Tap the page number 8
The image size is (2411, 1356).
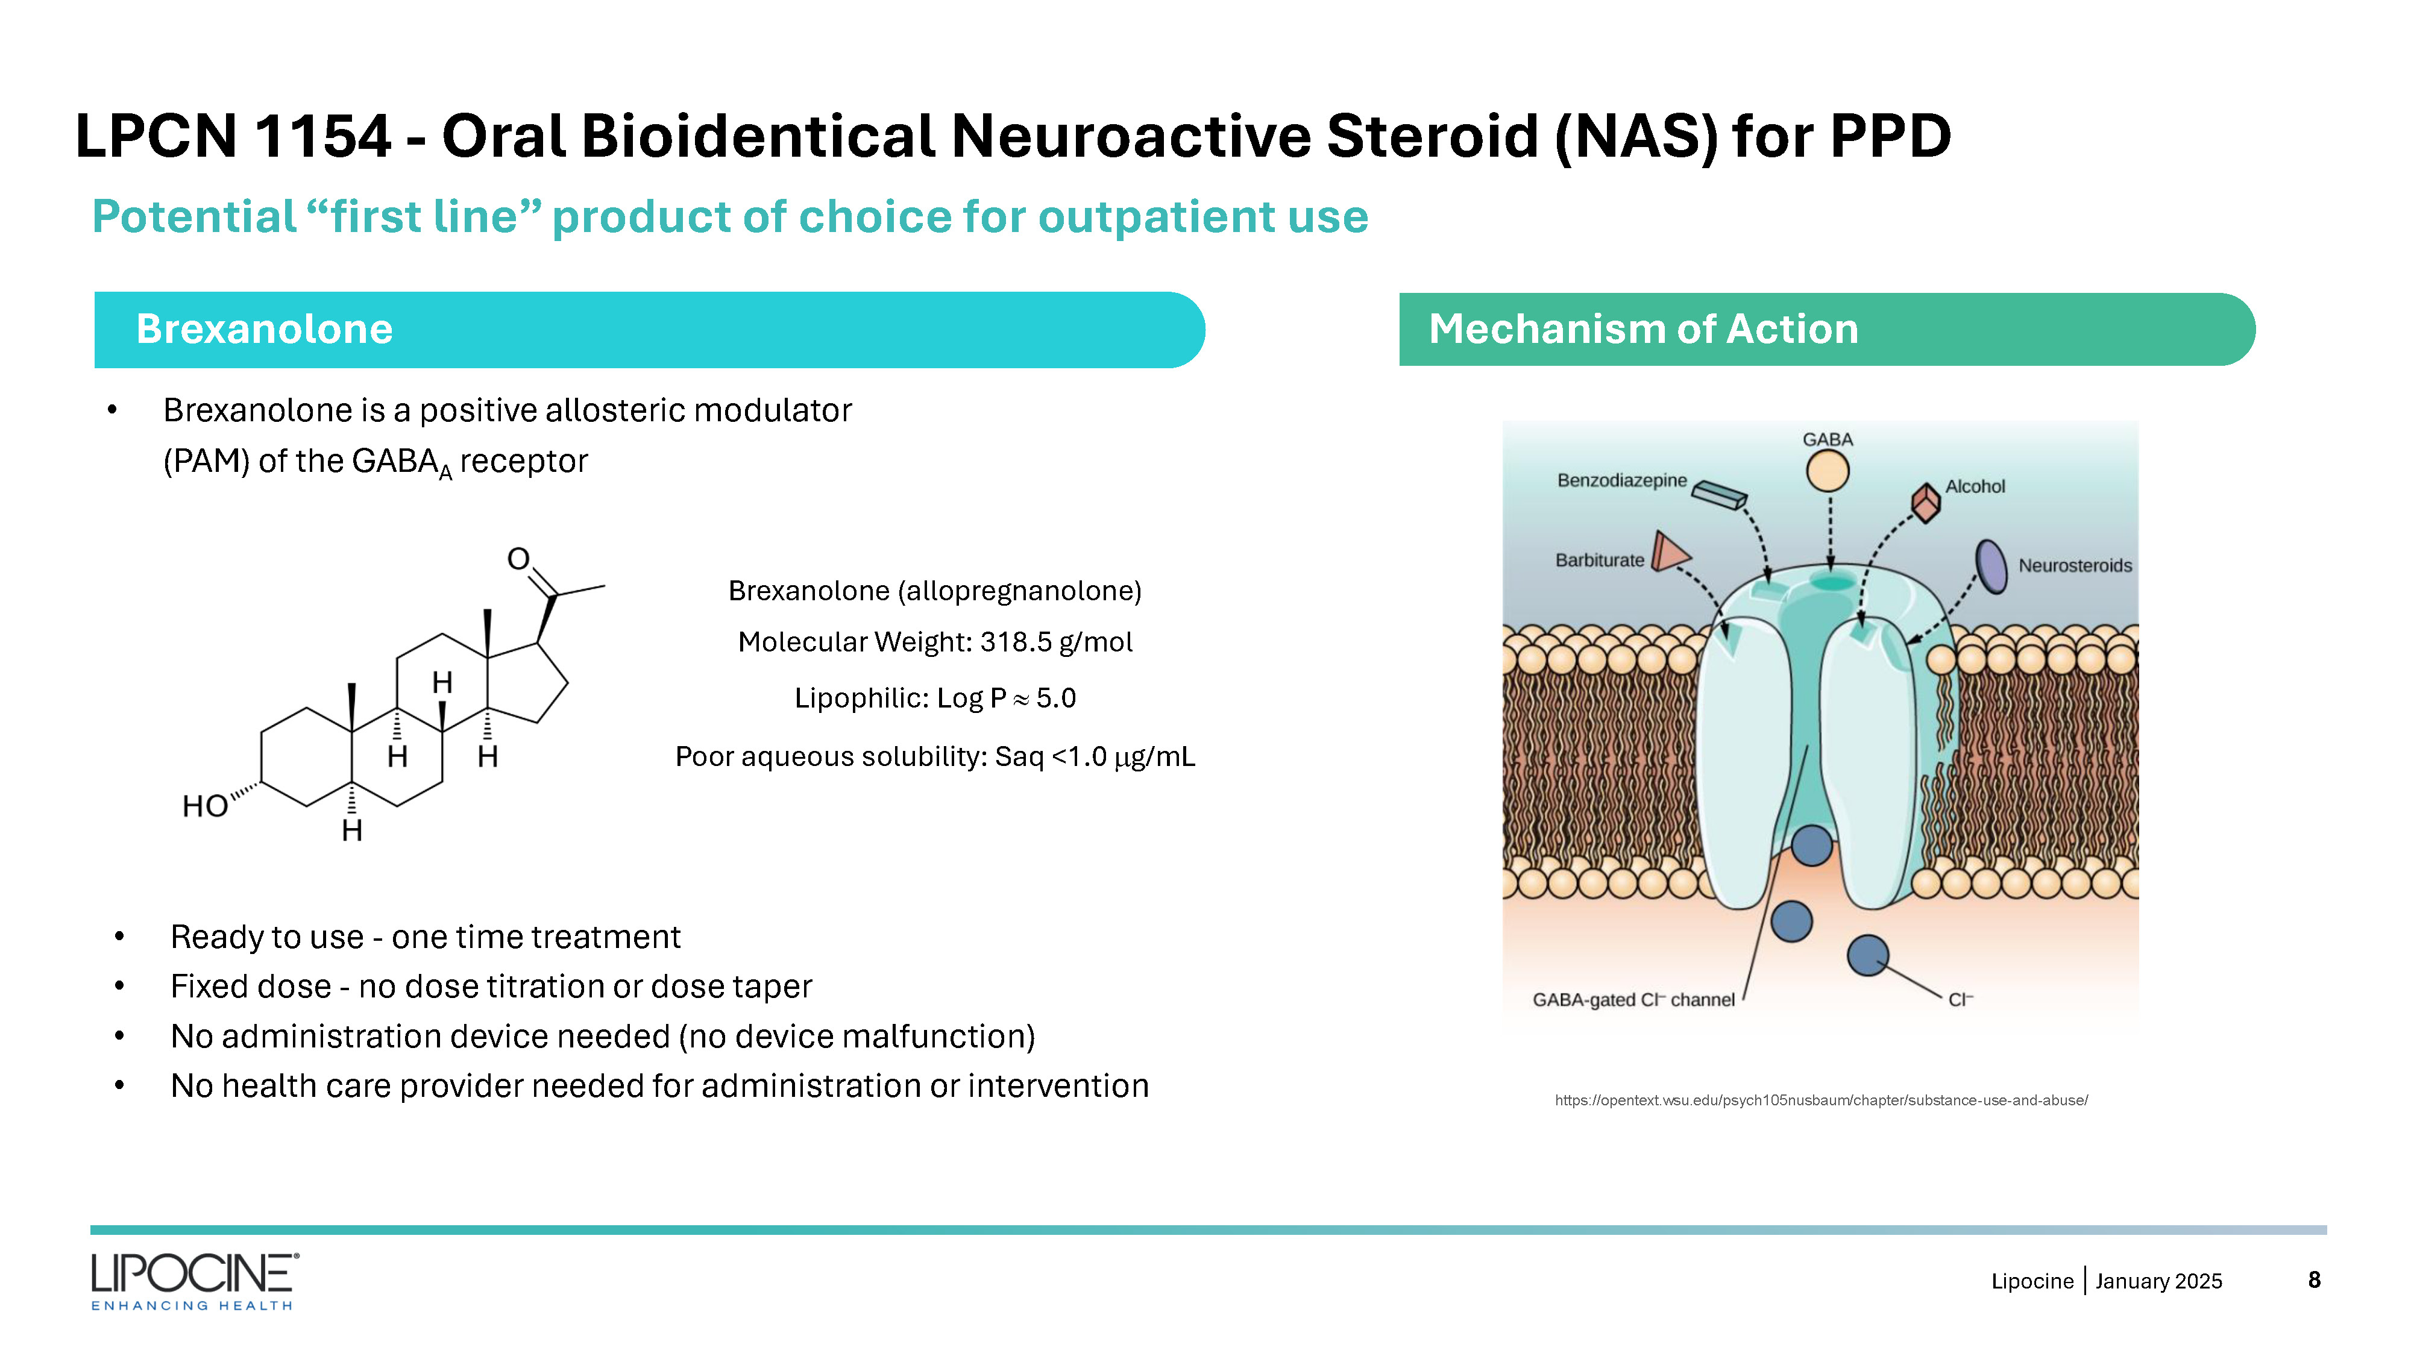[x=2314, y=1279]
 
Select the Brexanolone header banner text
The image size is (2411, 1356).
[x=264, y=330]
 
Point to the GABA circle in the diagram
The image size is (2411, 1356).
[x=1827, y=471]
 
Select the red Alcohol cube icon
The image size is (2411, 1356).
[x=1925, y=503]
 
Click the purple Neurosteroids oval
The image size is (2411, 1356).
[x=1991, y=566]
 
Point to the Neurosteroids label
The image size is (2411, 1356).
[x=2075, y=566]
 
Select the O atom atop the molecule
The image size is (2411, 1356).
[x=518, y=560]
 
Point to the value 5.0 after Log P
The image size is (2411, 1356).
[x=1056, y=698]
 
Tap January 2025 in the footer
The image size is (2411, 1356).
[x=2158, y=1281]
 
